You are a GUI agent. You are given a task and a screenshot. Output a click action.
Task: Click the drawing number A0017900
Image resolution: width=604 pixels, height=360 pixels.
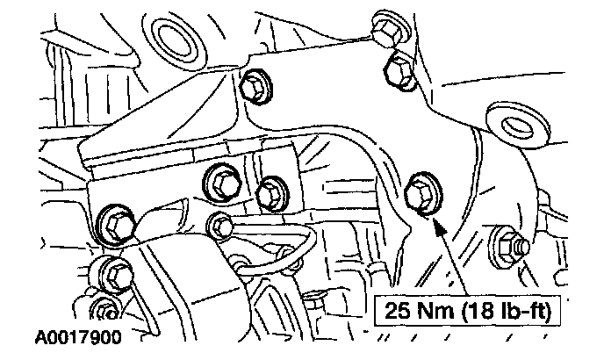80,337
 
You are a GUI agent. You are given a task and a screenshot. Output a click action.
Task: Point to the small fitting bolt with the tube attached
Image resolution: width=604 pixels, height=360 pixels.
220,226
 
